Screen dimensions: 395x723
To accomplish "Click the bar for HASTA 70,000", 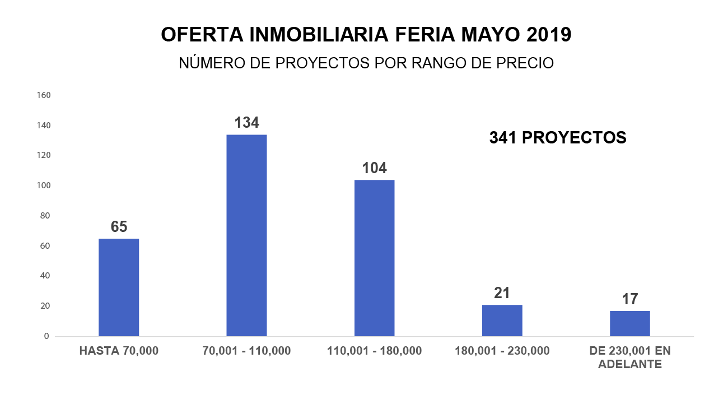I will pos(119,287).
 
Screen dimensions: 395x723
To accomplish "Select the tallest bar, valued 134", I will pos(246,235).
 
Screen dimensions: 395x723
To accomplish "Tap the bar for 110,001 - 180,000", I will pos(374,258).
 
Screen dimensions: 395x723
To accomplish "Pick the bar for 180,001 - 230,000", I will pos(502,320).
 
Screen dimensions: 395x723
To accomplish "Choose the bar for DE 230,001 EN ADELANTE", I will pos(630,323).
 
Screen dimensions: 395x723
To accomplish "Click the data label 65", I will pos(119,227).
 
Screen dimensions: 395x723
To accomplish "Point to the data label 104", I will pos(374,168).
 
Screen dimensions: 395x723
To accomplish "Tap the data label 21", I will pos(502,293).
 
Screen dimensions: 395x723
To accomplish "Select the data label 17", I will pos(630,299).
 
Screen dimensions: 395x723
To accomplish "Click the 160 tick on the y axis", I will pos(43,95).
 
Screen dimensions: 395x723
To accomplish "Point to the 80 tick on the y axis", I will pos(45,216).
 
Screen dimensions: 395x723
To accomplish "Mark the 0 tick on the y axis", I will pos(46,336).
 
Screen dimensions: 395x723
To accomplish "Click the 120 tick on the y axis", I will pos(43,155).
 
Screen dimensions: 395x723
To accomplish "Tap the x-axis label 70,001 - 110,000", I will pos(246,351).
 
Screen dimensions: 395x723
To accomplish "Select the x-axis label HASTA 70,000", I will pos(119,351).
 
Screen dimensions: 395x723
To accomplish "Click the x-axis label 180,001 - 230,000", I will pos(502,351).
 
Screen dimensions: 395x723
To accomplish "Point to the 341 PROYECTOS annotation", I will pos(558,138).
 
